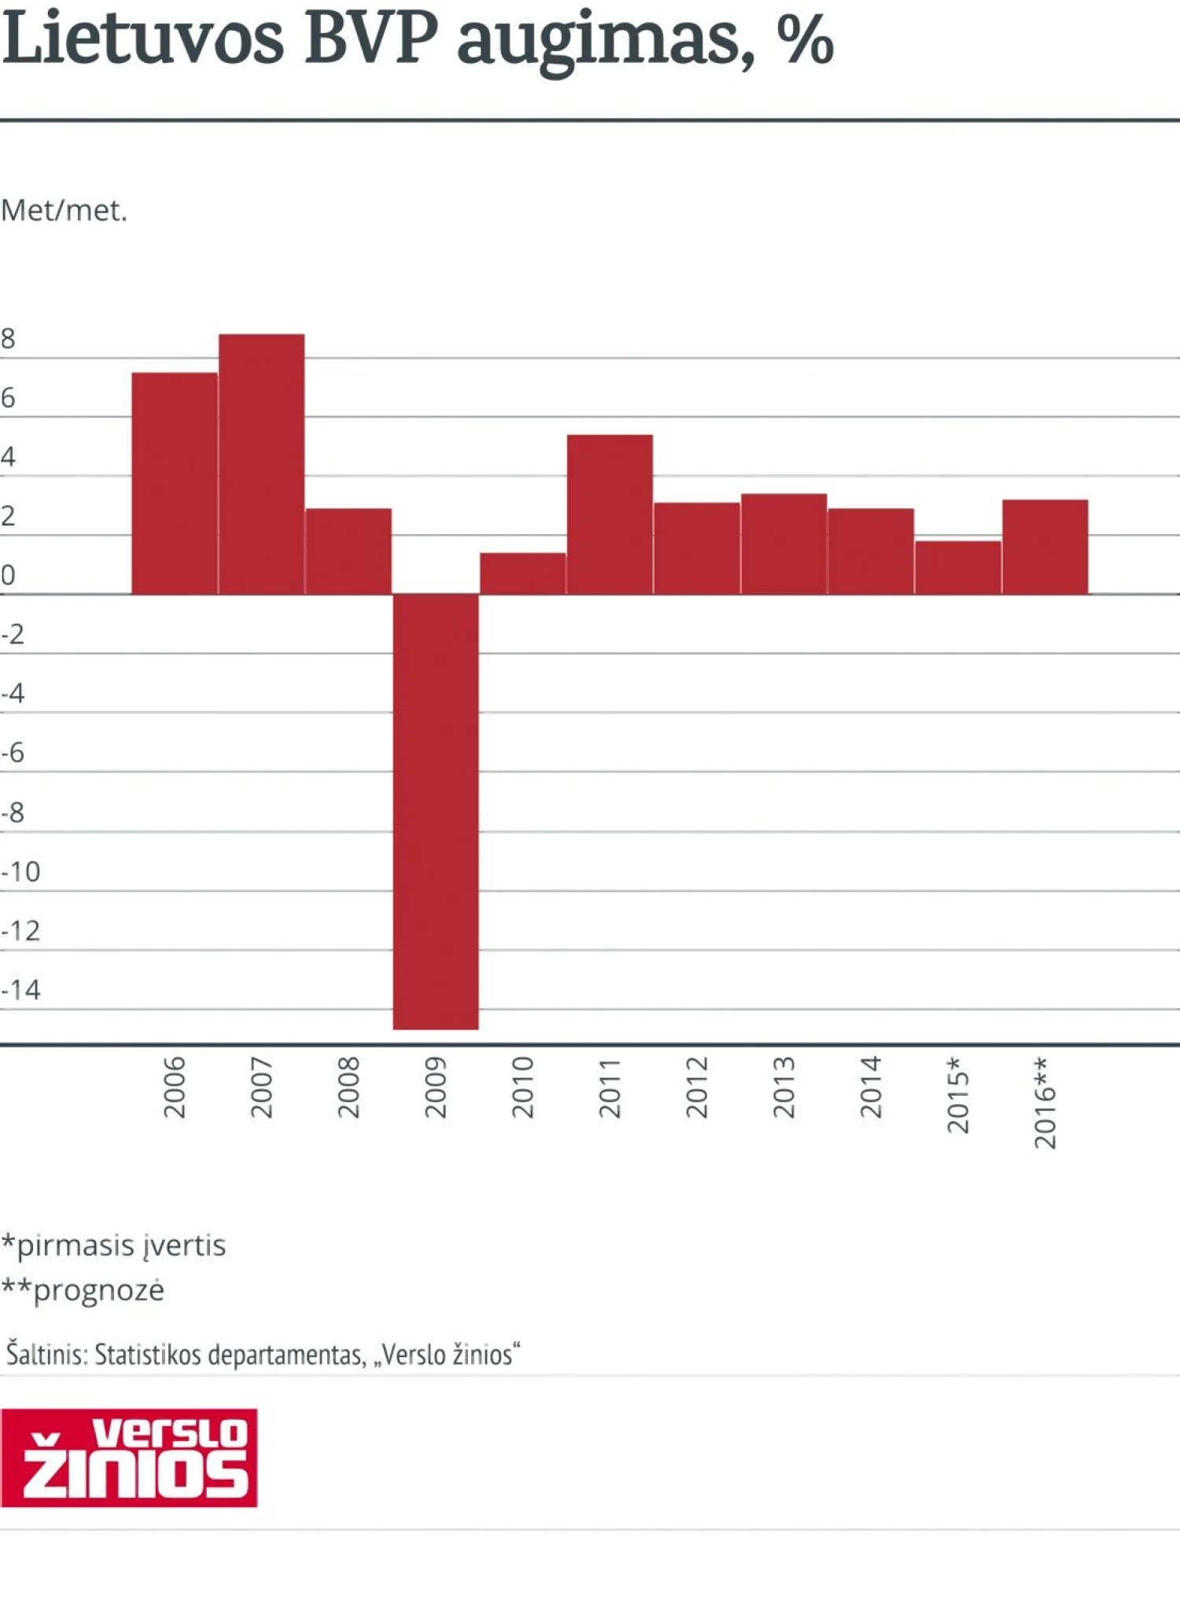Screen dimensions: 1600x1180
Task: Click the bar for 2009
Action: pos(436,810)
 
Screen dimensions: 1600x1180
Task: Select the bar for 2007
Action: pos(261,464)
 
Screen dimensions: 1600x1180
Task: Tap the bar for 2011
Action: pos(610,514)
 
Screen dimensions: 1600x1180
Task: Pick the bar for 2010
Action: pos(522,573)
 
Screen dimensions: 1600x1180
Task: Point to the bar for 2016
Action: pos(1045,547)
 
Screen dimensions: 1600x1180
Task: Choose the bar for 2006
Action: pos(175,483)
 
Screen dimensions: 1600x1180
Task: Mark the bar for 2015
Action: pos(957,567)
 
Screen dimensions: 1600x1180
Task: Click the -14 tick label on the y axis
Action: pos(21,990)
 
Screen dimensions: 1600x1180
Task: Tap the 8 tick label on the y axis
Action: pos(9,339)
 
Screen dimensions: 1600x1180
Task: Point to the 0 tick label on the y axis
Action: pos(9,575)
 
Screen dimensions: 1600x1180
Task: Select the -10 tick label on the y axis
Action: pos(21,872)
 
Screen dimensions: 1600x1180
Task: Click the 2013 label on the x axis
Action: pos(784,1087)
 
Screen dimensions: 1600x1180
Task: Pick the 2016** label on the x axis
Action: pos(1045,1102)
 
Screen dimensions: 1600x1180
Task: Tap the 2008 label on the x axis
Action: pos(348,1087)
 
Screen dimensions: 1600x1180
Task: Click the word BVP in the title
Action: pos(370,39)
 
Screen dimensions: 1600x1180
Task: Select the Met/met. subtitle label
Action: pos(64,211)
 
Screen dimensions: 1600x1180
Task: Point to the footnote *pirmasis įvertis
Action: pos(113,1246)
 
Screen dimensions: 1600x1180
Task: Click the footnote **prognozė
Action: pos(83,1291)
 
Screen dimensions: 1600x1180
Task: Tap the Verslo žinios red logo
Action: pos(129,1458)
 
